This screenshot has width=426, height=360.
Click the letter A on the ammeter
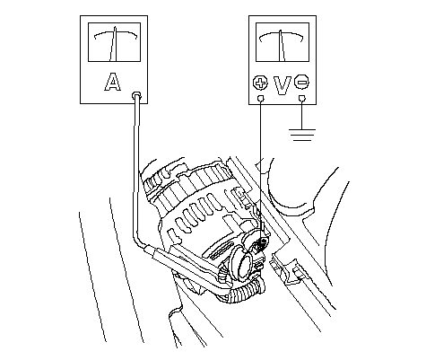tap(113, 82)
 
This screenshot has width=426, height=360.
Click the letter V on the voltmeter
tap(283, 85)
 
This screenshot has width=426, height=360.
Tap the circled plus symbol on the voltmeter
tap(260, 83)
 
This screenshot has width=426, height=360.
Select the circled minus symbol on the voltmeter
tap(301, 82)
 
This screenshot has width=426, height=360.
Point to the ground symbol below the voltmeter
tap(302, 135)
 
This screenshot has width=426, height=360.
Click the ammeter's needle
tap(114, 44)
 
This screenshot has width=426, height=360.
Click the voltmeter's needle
tap(282, 46)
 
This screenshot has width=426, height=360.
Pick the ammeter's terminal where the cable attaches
tap(137, 95)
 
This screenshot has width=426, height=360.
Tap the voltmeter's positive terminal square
tap(261, 98)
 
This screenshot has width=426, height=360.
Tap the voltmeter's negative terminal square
tap(302, 98)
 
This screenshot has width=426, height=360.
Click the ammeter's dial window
tap(114, 42)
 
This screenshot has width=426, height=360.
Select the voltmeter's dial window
tap(283, 42)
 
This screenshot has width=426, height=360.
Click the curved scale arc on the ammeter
tap(116, 33)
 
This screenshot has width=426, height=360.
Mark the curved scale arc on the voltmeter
tap(282, 33)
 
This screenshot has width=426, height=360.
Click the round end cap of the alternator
tap(243, 263)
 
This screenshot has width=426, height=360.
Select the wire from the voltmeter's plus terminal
tap(260, 168)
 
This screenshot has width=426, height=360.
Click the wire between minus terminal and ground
tap(302, 115)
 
